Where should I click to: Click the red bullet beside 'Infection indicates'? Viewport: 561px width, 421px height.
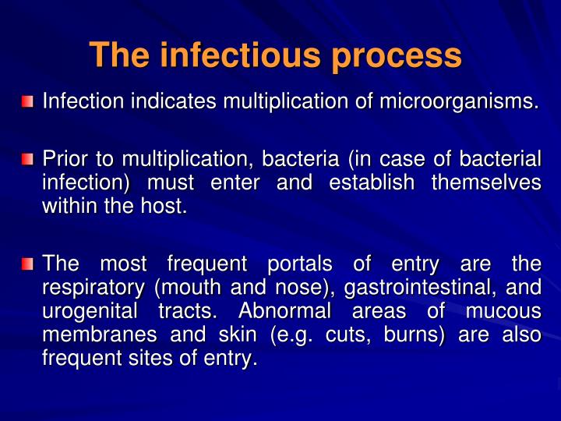28,101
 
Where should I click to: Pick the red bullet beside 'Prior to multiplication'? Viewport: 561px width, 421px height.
28,160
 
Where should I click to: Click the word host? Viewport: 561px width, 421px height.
168,207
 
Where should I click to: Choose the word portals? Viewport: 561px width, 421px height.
298,263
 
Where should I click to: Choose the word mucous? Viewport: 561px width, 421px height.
503,312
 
